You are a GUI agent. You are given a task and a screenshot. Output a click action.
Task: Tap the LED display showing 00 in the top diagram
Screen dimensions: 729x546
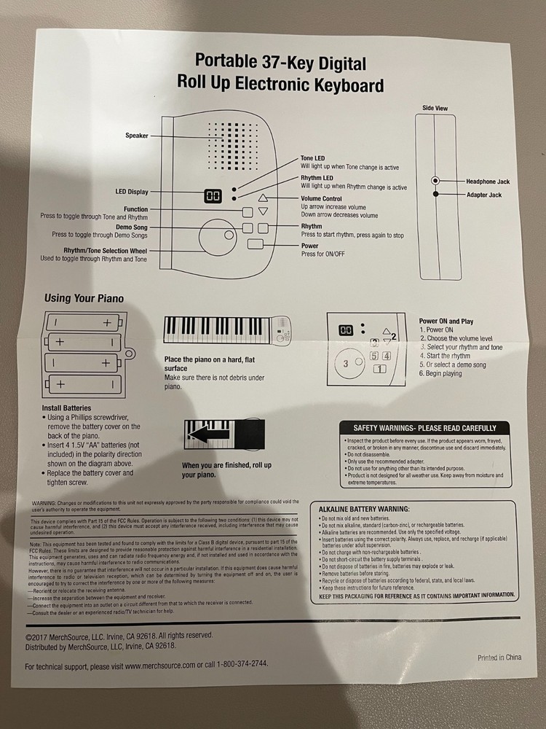coord(213,196)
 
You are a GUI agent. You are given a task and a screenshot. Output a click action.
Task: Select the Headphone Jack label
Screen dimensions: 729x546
coord(488,180)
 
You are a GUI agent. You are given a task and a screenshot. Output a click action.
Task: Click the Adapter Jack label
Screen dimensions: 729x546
coord(483,195)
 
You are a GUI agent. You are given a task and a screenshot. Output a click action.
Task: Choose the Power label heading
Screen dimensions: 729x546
coord(310,246)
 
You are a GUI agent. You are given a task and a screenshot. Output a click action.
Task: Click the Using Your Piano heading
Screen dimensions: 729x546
coord(84,298)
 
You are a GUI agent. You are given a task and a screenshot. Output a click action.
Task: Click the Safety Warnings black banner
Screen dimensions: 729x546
coord(424,428)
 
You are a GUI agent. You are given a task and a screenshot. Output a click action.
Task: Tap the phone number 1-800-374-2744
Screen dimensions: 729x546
coord(236,665)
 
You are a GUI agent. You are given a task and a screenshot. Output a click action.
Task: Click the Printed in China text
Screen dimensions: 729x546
coord(499,657)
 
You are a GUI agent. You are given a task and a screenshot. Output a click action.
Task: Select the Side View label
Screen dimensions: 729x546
coord(435,108)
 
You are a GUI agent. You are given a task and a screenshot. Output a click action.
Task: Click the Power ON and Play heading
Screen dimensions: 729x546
coord(446,321)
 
